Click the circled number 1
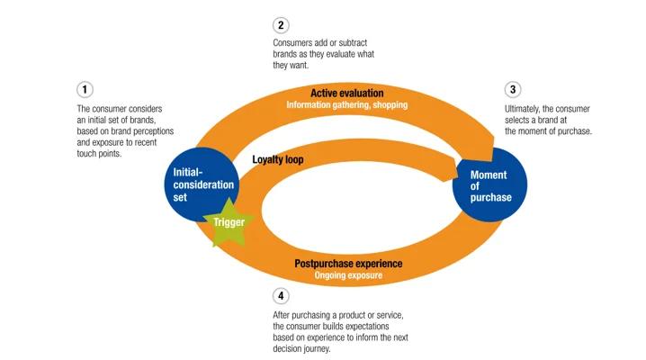[x=85, y=89]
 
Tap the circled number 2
[x=281, y=25]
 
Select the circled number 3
[x=513, y=89]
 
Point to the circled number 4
[x=281, y=295]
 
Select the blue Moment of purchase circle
[x=490, y=184]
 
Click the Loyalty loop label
[x=278, y=158]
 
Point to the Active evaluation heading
[x=347, y=93]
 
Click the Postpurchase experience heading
[x=348, y=264]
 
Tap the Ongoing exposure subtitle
[x=348, y=275]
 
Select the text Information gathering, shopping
[x=347, y=104]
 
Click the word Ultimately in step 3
[x=525, y=108]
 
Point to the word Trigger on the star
[x=229, y=221]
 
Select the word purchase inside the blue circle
[x=490, y=198]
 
